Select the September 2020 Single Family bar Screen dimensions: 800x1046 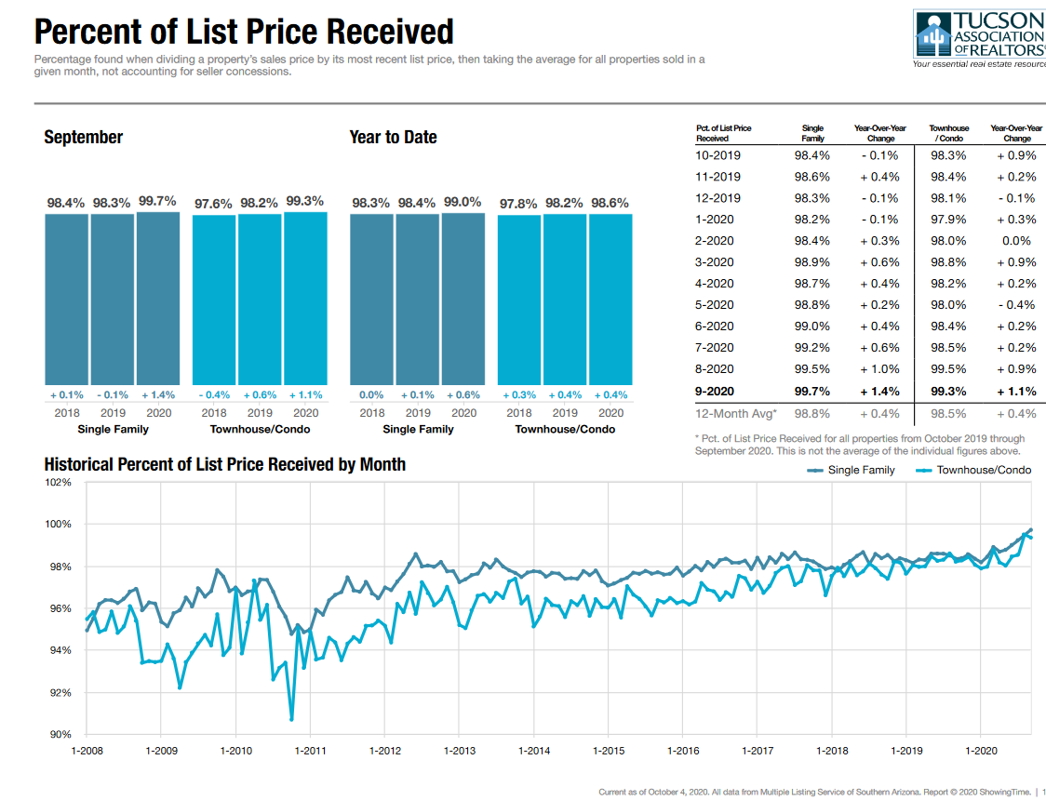(x=158, y=298)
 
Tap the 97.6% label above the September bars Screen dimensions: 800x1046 (x=213, y=202)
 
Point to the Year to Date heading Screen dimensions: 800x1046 (x=393, y=137)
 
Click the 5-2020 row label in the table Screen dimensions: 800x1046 (x=714, y=305)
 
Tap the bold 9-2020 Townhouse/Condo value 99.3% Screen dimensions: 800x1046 (x=948, y=392)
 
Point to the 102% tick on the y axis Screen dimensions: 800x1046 (x=58, y=482)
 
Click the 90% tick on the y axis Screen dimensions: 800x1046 (x=60, y=735)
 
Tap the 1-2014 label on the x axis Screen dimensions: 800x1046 (x=534, y=751)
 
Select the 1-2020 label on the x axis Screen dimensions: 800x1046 (x=982, y=751)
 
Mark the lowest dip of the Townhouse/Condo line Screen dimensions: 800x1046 (x=291, y=718)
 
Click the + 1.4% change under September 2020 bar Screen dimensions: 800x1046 (x=157, y=395)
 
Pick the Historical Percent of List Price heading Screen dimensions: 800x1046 (x=224, y=463)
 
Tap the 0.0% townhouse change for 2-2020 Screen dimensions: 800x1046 (x=1017, y=241)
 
